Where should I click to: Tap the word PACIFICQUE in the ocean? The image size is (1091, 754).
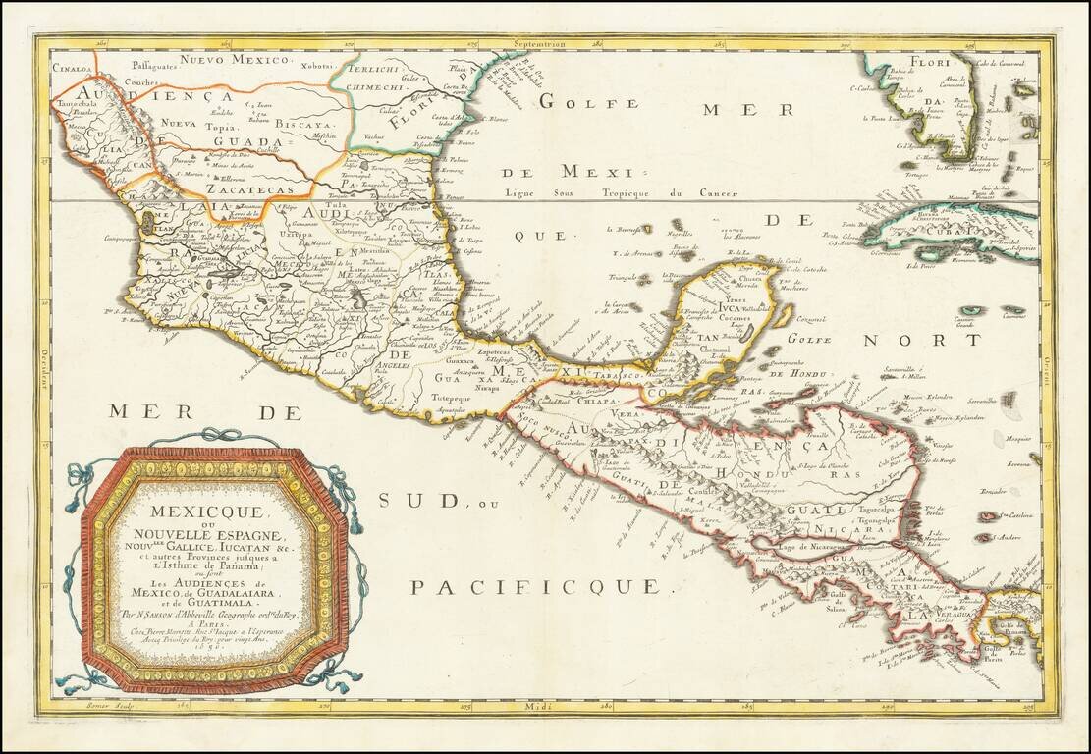pyautogui.click(x=535, y=587)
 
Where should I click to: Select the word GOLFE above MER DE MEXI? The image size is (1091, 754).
pyautogui.click(x=578, y=100)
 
